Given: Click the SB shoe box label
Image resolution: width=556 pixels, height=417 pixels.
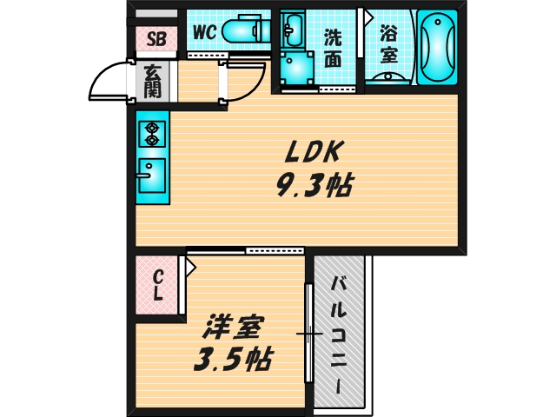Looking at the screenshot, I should (157, 37).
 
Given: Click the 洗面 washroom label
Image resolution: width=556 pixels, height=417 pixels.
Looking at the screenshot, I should (334, 47).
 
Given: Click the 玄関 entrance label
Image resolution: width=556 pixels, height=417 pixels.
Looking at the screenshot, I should (151, 81).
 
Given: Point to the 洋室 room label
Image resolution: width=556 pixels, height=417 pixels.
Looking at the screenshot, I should (230, 329).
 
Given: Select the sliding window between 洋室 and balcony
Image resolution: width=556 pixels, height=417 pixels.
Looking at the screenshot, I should (308, 334).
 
